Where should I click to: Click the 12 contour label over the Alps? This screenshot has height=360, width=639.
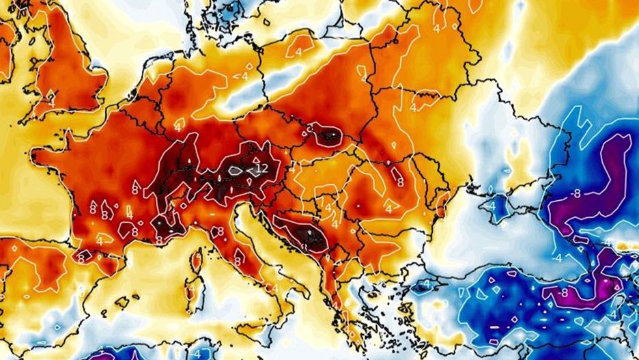[x=260, y=168]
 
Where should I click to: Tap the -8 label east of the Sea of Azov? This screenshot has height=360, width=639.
[x=576, y=194]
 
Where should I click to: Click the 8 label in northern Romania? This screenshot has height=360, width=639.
[x=400, y=182]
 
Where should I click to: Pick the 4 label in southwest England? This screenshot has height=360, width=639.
[x=49, y=98]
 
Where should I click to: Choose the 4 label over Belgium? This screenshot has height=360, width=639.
[x=177, y=127]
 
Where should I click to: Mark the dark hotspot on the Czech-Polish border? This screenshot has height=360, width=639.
[x=329, y=135]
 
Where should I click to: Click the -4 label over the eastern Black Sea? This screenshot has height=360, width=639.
[x=558, y=258]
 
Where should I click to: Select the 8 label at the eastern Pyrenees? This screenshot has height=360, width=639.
[x=81, y=258]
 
